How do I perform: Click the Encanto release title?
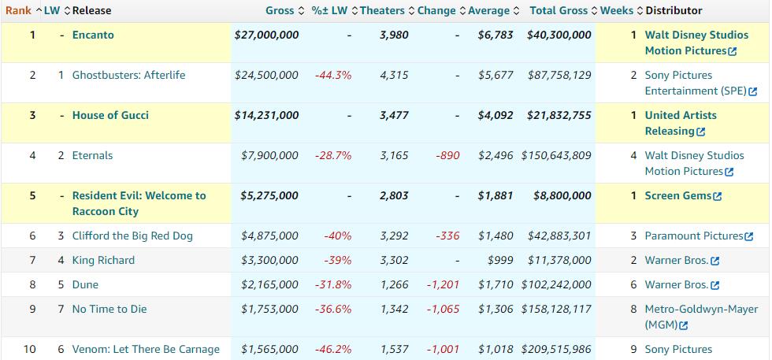pos(94,35)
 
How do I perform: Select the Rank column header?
pos(19,10)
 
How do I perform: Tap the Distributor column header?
pos(674,10)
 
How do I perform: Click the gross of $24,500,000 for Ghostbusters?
pos(266,75)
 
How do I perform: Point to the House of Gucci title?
pos(110,115)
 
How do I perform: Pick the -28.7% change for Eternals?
pos(333,155)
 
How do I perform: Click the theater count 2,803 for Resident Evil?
pos(394,195)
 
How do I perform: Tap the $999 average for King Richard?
pos(500,260)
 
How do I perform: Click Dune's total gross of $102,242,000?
pos(556,284)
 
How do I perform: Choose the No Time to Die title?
pos(109,309)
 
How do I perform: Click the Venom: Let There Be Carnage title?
pos(146,349)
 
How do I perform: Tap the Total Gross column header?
pos(560,10)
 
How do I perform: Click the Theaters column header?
pos(382,10)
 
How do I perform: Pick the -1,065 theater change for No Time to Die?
pos(443,309)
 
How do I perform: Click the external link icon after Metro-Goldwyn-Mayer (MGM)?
pos(684,325)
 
